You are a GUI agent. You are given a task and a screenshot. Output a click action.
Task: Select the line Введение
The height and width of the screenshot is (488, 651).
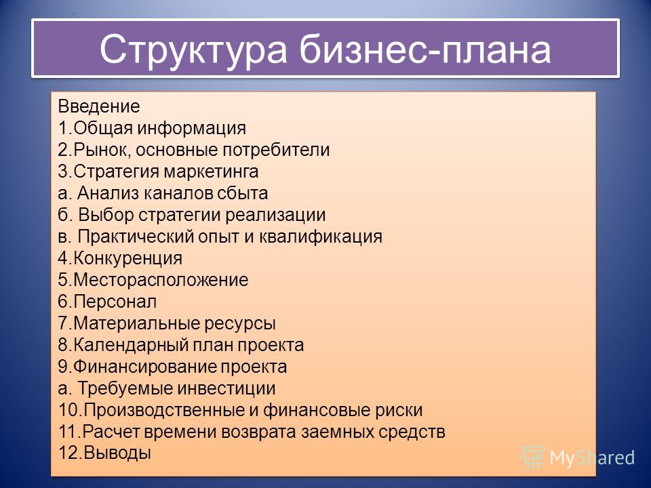[x=99, y=106]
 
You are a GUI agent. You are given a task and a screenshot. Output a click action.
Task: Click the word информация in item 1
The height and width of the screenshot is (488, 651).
[x=192, y=129]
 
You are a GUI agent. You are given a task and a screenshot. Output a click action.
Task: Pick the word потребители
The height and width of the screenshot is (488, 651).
[x=277, y=150]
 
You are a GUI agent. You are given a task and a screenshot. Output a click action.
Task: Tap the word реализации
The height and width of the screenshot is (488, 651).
[x=276, y=216]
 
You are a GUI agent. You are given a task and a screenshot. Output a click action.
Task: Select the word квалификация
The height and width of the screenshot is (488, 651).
[x=321, y=237]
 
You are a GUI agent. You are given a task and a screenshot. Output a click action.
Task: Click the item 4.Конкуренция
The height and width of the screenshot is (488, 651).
[x=121, y=258]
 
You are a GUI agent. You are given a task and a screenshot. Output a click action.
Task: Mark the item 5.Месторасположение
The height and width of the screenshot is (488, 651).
[x=153, y=280]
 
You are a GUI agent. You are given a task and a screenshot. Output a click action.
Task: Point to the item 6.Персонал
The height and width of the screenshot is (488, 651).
[x=108, y=302]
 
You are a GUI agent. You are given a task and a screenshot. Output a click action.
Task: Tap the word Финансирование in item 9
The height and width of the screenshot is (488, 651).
[x=145, y=367]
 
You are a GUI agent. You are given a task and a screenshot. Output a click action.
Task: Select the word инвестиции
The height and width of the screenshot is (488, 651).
[x=226, y=388]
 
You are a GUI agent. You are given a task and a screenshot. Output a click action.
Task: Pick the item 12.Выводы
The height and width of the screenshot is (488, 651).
[x=104, y=453]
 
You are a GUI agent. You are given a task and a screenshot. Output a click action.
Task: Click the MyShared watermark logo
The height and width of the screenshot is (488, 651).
[x=578, y=457]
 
